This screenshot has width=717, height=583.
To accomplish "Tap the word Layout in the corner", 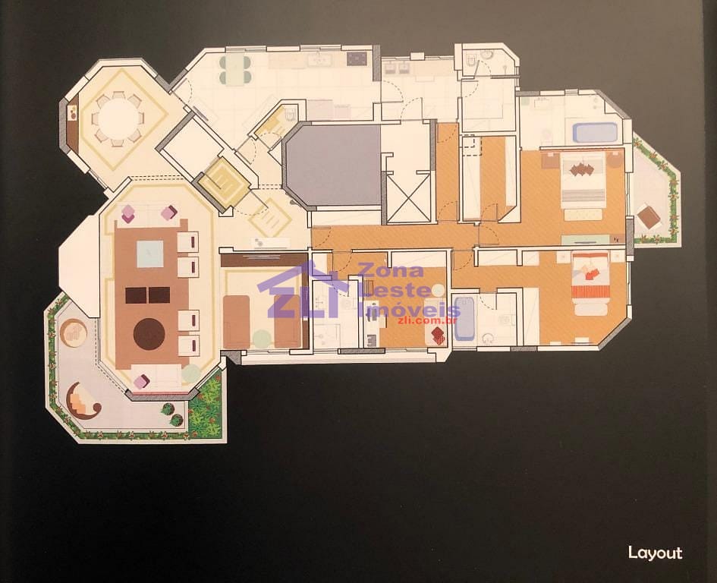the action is click(x=655, y=553).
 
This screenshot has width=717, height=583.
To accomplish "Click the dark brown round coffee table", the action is click(x=149, y=334).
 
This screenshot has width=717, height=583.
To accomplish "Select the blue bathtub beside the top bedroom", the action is click(x=595, y=132).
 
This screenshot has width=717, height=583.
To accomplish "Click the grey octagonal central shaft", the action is click(x=332, y=165).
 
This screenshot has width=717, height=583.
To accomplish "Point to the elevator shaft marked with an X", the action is click(x=409, y=197).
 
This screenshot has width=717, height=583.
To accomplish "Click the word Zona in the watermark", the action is click(x=391, y=271).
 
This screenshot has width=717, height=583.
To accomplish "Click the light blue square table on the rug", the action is click(x=150, y=254).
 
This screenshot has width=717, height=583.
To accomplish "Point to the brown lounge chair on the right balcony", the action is click(x=649, y=217).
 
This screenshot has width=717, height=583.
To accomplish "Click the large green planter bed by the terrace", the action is click(x=206, y=405).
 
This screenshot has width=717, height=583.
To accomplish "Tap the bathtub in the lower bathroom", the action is click(x=464, y=319).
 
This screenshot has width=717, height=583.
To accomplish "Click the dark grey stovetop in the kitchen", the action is click(x=357, y=59).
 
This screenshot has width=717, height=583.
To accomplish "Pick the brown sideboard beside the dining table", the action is click(x=73, y=119).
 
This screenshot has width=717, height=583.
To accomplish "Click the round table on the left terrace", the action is click(x=73, y=332).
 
